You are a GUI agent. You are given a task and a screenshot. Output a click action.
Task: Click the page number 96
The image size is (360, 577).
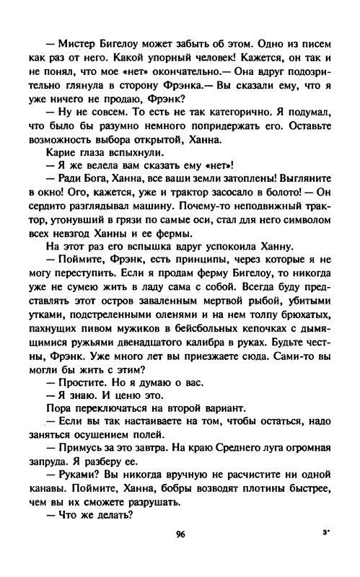[180, 556]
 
